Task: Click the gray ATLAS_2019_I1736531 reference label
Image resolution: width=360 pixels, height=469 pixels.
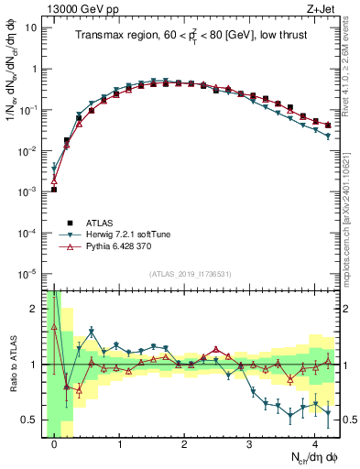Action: point(190,275)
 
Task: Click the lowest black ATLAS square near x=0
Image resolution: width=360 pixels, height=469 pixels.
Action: point(54,190)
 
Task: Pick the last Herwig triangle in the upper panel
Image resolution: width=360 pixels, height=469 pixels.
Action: point(328,136)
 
